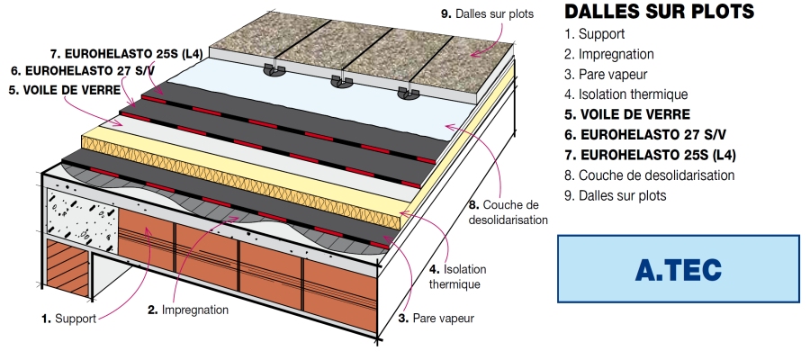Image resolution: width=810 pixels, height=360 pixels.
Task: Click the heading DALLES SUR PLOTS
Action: [x=658, y=13]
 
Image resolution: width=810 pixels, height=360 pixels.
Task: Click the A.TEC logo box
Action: [x=678, y=269]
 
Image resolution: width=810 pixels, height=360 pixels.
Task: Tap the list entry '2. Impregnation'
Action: [x=609, y=54]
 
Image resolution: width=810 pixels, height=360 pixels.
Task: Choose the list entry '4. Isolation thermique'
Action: [x=625, y=94]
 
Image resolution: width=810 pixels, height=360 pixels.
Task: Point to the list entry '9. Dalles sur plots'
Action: [x=616, y=194]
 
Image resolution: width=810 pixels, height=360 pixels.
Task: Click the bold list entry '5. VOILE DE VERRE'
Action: [x=626, y=114]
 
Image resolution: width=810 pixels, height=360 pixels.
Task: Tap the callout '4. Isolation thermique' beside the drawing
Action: [x=454, y=276]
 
